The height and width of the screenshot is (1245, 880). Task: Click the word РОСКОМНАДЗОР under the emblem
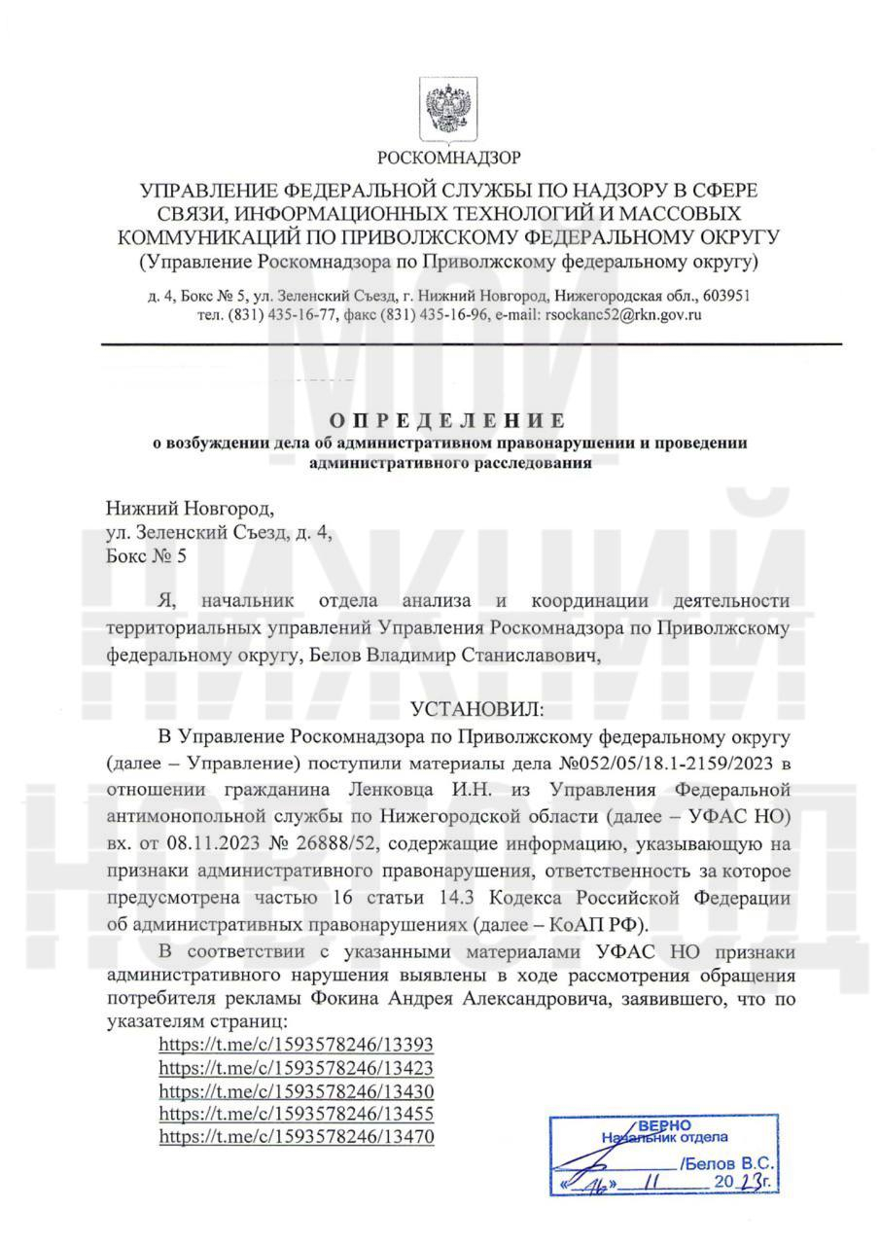point(448,157)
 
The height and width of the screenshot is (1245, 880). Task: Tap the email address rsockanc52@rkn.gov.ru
point(624,314)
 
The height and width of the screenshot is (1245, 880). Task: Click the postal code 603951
point(726,295)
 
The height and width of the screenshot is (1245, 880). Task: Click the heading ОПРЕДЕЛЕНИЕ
point(447,420)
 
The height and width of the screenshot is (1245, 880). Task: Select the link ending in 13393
point(296,1045)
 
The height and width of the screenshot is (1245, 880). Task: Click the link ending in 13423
point(296,1067)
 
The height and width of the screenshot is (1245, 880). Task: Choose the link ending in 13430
point(296,1090)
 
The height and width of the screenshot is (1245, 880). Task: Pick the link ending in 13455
point(296,1113)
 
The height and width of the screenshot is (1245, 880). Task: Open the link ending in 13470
point(296,1135)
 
